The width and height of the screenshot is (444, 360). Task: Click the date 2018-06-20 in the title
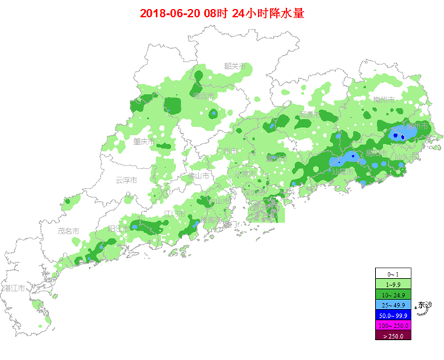(169, 13)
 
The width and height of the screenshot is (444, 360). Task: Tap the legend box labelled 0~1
(392, 273)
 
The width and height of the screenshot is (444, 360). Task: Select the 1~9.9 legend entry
(392, 283)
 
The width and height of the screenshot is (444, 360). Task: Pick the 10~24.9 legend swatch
(392, 293)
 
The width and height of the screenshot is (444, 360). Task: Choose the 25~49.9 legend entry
(392, 304)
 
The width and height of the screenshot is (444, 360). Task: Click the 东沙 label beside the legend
(424, 305)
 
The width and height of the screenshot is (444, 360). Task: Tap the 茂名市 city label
(68, 231)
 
